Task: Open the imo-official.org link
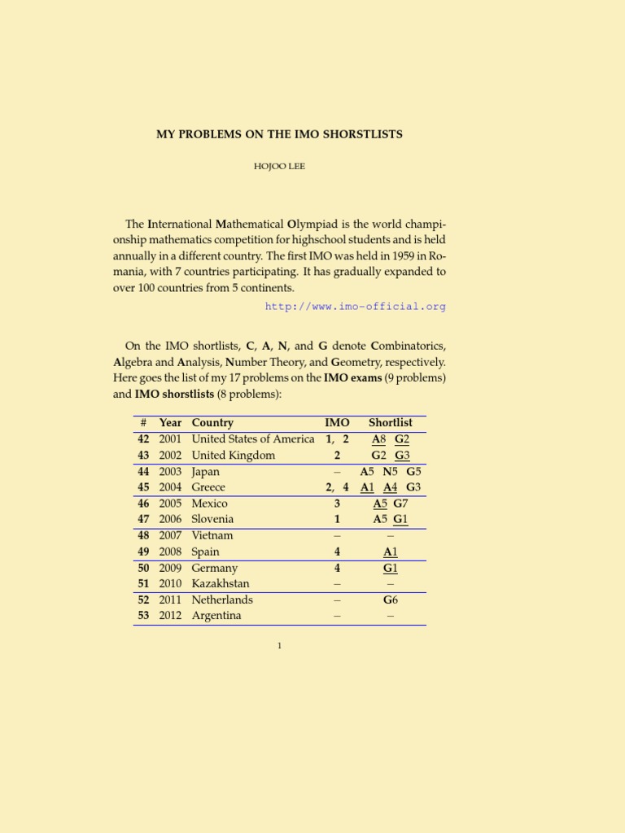click(356, 307)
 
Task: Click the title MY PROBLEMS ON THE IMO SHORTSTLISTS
click(279, 133)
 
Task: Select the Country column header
click(212, 423)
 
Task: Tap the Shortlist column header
click(391, 423)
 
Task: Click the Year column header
click(170, 423)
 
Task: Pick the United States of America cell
click(252, 439)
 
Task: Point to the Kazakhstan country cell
click(221, 584)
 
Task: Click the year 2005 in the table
click(170, 504)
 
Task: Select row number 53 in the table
click(143, 616)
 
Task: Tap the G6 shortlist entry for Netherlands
click(391, 600)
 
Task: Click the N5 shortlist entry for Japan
click(391, 472)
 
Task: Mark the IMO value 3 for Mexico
click(337, 504)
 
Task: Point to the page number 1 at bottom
click(279, 646)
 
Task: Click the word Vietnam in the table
click(212, 535)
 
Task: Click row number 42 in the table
click(143, 439)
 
